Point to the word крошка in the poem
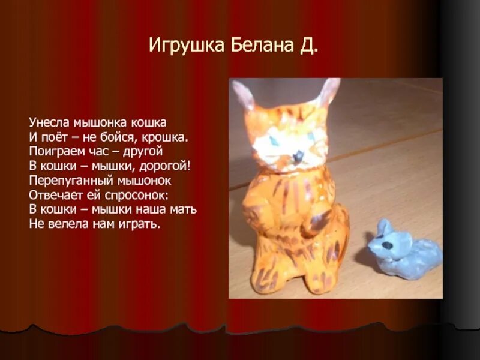169,137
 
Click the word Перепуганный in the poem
67,181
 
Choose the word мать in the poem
183,209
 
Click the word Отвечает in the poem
53,195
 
